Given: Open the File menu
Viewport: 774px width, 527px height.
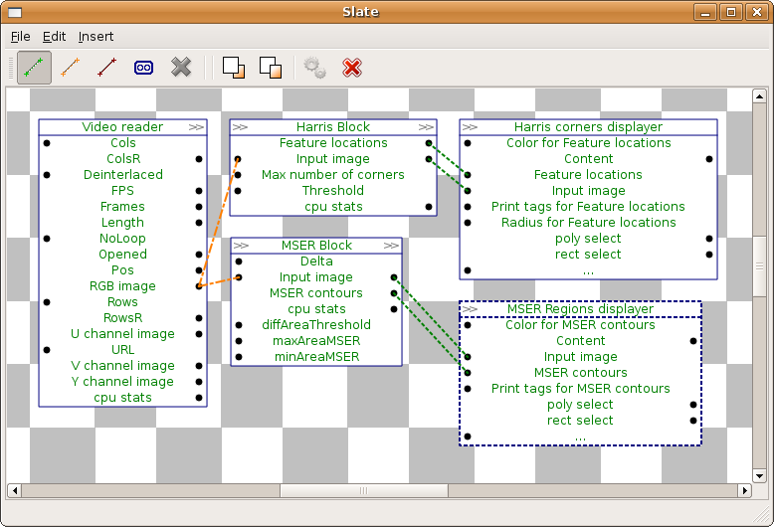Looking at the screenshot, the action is [x=20, y=37].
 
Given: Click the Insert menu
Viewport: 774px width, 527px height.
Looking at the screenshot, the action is [x=96, y=37].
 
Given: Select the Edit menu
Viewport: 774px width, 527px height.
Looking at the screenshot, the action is [x=54, y=37].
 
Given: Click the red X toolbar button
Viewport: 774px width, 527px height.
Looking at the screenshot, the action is [x=352, y=68].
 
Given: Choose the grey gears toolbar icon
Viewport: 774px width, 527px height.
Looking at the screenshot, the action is [x=314, y=68].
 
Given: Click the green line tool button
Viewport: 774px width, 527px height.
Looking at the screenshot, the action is [x=34, y=67].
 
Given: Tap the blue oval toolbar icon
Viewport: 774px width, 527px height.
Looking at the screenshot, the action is [x=143, y=68].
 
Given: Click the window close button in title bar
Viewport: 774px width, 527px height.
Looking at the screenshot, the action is [x=757, y=12].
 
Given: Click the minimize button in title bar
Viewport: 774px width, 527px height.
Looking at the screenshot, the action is [x=705, y=12].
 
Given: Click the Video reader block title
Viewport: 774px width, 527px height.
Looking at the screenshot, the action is [x=122, y=127].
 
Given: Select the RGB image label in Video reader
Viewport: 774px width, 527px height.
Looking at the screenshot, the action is [x=122, y=286].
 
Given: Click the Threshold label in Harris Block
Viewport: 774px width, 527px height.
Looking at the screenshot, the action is [x=333, y=191].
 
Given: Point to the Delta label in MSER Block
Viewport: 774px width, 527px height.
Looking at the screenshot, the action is [x=316, y=262].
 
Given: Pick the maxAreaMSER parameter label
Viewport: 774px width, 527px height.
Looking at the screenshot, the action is [x=316, y=340].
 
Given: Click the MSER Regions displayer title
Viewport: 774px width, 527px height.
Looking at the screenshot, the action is [x=581, y=309].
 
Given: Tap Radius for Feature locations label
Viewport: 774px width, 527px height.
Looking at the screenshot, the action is [x=588, y=223].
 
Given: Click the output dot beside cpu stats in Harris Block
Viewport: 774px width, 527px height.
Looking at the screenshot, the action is [x=429, y=207].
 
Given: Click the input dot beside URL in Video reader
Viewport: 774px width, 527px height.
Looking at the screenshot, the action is [x=47, y=350].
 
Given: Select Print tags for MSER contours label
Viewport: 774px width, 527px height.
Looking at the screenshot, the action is [x=581, y=389].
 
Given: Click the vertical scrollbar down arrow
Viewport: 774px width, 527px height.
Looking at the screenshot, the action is [x=759, y=476].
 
